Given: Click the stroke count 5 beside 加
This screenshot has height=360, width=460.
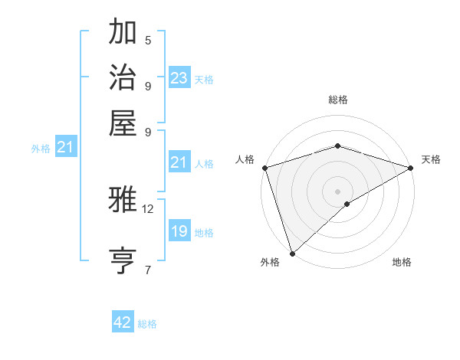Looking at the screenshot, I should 148,41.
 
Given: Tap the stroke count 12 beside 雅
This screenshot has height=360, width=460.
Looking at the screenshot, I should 148,208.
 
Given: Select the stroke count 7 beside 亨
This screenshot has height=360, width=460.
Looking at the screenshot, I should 148,270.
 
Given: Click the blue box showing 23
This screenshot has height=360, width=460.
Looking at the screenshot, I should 179,78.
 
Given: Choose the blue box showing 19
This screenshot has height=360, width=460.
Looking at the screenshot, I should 179,232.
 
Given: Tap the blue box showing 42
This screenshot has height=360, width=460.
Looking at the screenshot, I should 123,323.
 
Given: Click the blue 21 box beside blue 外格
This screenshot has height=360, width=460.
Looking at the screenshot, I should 64,148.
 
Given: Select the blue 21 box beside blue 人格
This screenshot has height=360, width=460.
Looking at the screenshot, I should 179,162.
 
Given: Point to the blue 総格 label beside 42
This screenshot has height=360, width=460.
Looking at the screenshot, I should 147,324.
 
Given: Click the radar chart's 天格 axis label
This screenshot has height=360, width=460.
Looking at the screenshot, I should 431,159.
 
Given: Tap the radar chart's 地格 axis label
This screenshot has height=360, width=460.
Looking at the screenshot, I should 402,262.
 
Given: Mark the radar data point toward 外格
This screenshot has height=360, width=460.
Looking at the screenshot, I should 292,254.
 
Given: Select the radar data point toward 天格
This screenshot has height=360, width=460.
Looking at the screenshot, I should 411,168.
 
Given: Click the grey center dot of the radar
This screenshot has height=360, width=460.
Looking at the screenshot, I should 337,191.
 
